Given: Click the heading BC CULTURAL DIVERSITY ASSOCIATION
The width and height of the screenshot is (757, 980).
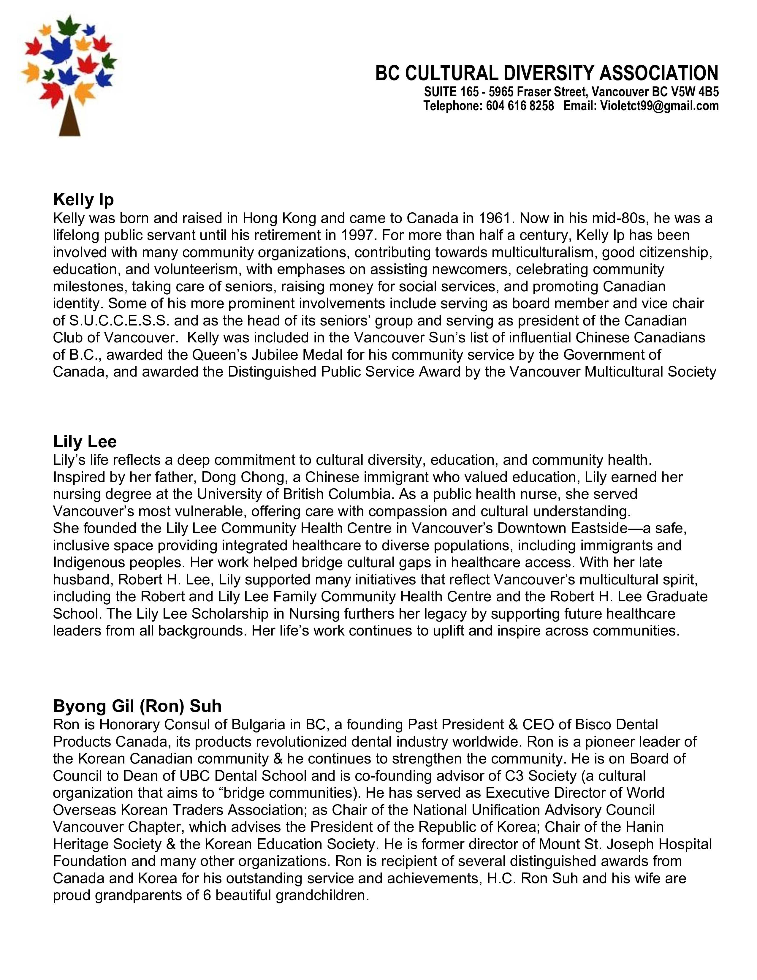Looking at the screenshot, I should pyautogui.click(x=547, y=73).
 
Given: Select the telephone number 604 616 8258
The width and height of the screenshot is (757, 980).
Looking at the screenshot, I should pyautogui.click(x=520, y=106).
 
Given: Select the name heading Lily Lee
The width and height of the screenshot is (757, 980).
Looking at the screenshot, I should pyautogui.click(x=85, y=442).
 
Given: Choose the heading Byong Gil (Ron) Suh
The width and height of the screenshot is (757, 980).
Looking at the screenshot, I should pyautogui.click(x=137, y=706).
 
